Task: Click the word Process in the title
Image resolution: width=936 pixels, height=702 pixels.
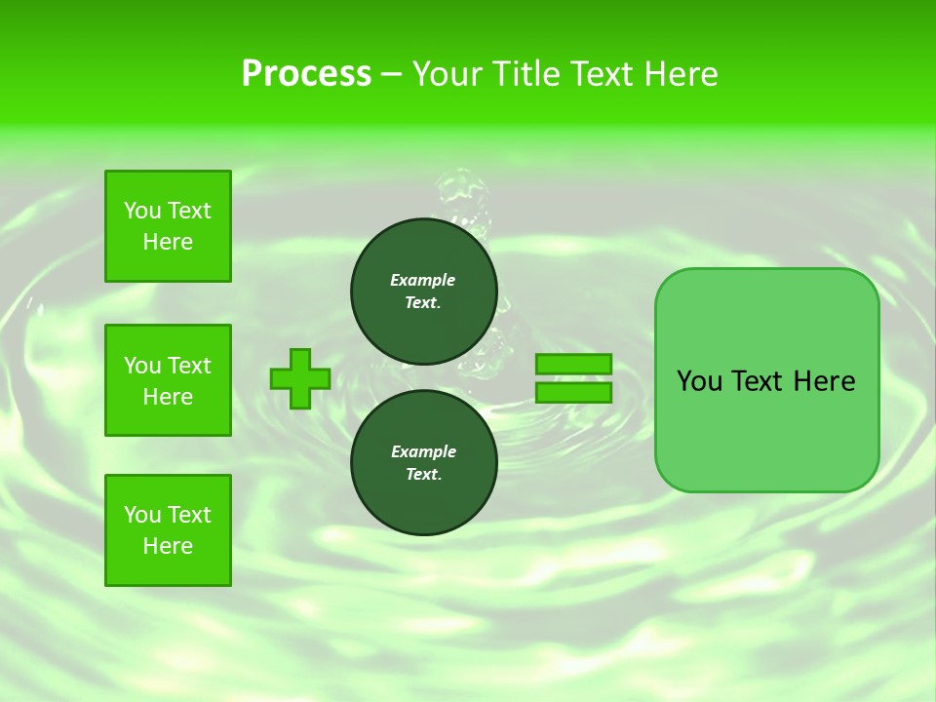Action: point(306,74)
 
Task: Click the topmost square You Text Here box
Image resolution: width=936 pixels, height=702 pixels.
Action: point(168,226)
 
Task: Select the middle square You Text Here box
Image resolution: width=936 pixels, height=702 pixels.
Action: point(168,380)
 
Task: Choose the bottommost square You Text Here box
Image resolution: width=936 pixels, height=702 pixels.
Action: point(168,530)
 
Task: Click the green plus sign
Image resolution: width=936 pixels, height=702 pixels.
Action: point(300,378)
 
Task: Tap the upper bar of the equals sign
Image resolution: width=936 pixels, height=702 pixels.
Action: point(574,364)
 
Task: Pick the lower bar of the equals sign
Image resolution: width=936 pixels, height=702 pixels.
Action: point(574,393)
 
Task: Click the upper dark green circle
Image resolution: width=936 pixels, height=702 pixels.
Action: point(423,291)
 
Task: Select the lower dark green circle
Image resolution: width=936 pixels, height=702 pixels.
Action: point(423,462)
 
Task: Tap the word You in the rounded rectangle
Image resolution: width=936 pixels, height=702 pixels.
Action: point(700,381)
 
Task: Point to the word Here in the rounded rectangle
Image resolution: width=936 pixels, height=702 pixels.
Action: point(824,381)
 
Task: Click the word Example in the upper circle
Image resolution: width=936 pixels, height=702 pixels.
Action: point(423,280)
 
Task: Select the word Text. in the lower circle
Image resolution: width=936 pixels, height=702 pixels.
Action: point(423,474)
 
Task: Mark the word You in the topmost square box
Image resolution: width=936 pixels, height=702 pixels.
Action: point(141,211)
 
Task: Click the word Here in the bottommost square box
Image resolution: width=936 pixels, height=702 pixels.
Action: point(168,546)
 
